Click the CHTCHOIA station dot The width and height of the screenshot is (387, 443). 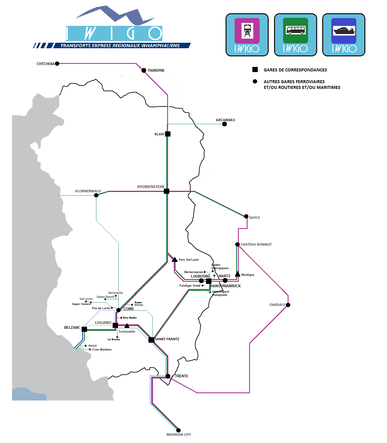[57, 64]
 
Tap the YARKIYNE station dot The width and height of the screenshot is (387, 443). [144, 71]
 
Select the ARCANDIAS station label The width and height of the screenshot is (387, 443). [225, 120]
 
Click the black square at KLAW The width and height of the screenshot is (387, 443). [168, 134]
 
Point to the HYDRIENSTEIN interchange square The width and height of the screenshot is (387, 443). [167, 191]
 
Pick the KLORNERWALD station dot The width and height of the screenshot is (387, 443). [96, 195]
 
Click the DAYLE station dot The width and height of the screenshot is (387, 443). [246, 216]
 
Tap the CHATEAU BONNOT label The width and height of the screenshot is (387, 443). [256, 244]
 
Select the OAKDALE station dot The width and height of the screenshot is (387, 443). [288, 305]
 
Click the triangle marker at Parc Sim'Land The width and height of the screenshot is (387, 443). [175, 259]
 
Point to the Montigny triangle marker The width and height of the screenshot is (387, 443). [238, 274]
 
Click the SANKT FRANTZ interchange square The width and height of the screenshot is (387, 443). [151, 340]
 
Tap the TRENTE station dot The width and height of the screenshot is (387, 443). [168, 376]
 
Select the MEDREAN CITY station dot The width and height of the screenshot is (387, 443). [178, 430]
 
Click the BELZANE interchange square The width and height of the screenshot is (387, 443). [84, 329]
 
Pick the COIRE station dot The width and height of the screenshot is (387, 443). [119, 310]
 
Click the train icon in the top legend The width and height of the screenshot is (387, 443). [247, 30]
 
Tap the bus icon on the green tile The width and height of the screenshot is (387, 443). [295, 30]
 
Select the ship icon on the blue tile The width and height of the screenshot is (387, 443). [344, 31]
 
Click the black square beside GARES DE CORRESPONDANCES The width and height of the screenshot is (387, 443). [255, 70]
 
